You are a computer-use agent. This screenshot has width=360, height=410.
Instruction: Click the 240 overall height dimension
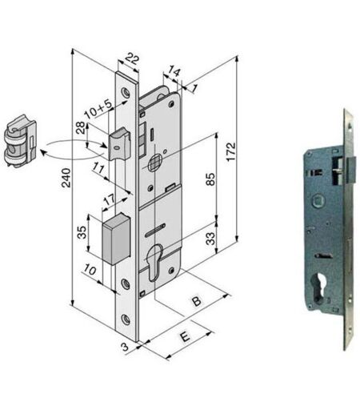[66, 178]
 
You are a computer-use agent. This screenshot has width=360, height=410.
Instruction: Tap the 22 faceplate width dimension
[132, 58]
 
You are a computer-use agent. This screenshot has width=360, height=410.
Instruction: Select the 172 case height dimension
[231, 151]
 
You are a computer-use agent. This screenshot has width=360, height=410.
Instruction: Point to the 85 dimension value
[210, 179]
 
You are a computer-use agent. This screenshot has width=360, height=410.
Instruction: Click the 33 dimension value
[210, 239]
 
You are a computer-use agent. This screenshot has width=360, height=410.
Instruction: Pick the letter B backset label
[197, 301]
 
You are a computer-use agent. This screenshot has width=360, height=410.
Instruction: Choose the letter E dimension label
[185, 336]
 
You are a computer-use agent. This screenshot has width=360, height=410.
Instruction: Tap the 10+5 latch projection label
[98, 110]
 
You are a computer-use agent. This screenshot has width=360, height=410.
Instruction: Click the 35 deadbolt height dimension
[82, 232]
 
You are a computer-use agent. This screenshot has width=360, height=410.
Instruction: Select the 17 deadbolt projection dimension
[110, 199]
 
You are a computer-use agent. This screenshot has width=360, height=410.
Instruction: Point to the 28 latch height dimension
[81, 127]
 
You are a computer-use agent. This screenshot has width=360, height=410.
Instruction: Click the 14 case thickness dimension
[174, 71]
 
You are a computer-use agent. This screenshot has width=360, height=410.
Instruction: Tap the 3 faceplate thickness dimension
[125, 347]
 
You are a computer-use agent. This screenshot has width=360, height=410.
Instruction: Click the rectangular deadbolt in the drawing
[117, 239]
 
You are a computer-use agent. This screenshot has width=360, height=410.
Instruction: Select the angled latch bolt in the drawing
[119, 143]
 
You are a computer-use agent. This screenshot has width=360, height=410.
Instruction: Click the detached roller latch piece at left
[20, 141]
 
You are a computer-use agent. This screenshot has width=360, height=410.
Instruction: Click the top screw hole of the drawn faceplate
[125, 91]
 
